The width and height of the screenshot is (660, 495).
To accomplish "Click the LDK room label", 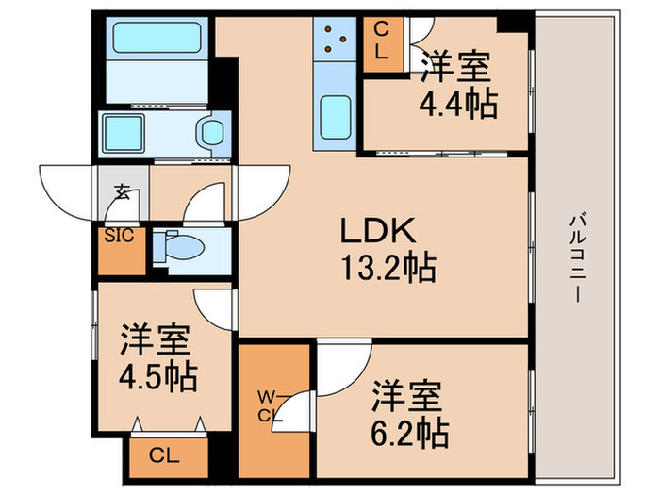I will pyautogui.click(x=377, y=232).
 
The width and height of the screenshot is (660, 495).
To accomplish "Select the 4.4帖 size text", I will pyautogui.click(x=458, y=104).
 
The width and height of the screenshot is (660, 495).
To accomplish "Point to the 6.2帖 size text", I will pyautogui.click(x=409, y=434).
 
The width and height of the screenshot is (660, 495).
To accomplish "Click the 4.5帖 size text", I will pyautogui.click(x=158, y=377).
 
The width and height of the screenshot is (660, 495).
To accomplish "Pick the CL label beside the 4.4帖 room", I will pyautogui.click(x=381, y=42).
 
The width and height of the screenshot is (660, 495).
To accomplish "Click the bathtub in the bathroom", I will pyautogui.click(x=156, y=40).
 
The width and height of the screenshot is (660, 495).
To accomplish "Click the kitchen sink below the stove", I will pyautogui.click(x=337, y=117).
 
